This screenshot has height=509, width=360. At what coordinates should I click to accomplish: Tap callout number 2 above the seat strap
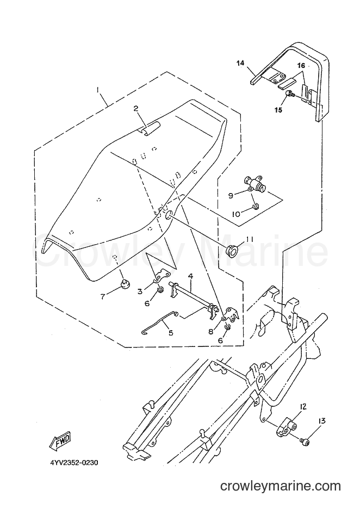[136, 108]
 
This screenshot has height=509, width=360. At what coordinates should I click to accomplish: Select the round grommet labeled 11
[231, 251]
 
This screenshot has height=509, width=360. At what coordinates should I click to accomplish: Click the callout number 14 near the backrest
[240, 63]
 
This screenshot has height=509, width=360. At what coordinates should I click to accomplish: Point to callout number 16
[301, 66]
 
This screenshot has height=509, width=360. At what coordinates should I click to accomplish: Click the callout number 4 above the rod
[190, 277]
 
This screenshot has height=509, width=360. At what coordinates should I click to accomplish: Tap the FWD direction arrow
[61, 442]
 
